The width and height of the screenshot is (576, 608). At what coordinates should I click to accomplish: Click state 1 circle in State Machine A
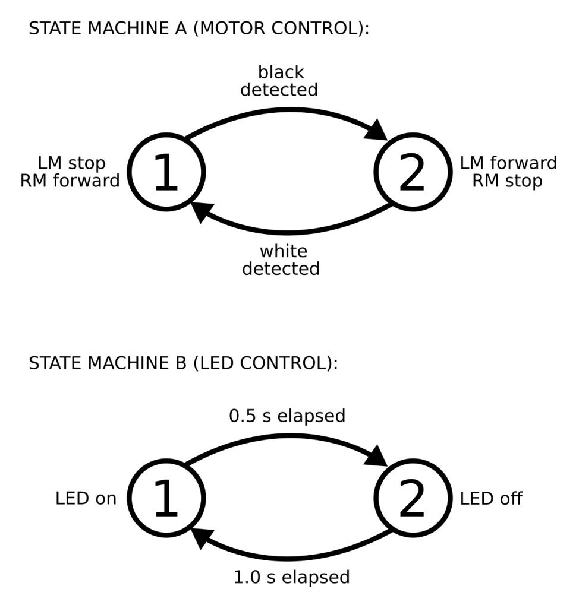coord(166,172)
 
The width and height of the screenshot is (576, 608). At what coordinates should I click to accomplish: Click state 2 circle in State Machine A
coord(413,172)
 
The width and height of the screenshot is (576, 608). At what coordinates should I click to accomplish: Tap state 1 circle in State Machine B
coord(166,498)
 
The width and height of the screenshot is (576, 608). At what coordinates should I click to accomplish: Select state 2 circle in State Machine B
coord(413,498)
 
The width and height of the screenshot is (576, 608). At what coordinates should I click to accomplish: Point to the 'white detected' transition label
coord(281,260)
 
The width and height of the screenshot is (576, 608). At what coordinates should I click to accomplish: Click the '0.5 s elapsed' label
coord(287,416)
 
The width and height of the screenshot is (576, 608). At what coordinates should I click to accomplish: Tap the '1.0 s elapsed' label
coord(292,577)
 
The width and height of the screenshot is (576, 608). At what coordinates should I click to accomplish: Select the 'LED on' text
coord(86,499)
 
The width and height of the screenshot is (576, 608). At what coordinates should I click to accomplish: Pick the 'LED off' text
coord(491,499)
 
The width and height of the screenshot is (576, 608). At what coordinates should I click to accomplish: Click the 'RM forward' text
coord(70,181)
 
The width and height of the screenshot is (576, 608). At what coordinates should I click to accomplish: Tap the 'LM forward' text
coord(508,163)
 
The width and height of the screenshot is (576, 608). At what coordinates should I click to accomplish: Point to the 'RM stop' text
coord(507,181)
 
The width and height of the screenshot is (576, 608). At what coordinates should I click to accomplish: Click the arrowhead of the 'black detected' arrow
coord(377,130)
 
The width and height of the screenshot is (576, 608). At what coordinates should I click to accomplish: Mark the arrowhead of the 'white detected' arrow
coord(202,212)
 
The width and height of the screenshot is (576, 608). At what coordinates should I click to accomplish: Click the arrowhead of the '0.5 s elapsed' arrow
coord(377,457)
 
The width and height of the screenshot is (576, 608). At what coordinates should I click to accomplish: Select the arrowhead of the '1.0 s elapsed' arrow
coord(202,539)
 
